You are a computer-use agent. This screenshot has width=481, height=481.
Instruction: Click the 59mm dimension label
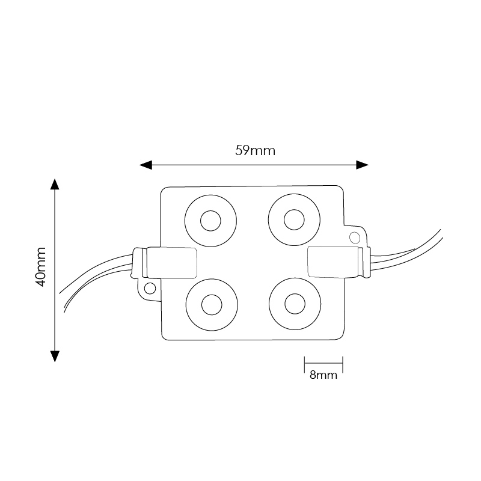[255, 150]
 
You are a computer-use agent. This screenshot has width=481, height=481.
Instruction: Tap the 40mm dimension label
[40, 266]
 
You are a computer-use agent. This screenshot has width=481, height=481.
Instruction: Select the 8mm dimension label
[323, 376]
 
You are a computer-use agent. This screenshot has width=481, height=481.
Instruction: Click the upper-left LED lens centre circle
[210, 221]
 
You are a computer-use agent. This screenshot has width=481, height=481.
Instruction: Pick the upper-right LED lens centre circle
[294, 221]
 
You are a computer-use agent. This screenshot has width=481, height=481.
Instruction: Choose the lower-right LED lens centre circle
[294, 304]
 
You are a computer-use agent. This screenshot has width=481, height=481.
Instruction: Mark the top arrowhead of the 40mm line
[55, 185]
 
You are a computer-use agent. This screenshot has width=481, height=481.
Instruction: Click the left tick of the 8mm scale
[304, 363]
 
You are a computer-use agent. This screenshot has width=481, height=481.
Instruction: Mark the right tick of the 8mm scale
[343, 363]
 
